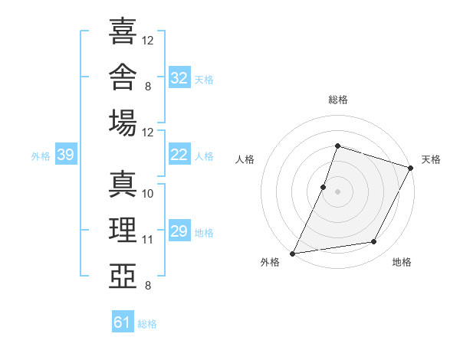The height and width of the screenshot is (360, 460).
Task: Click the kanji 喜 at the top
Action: click(x=123, y=31)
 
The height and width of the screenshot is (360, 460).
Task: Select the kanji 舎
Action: click(x=123, y=77)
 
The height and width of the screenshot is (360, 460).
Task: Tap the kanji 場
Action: click(x=123, y=123)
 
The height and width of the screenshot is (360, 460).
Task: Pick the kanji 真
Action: click(x=123, y=184)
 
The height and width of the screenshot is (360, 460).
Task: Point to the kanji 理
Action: click(x=123, y=230)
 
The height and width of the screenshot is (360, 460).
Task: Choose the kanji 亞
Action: click(x=123, y=276)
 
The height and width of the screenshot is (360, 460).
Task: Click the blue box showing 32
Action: click(x=179, y=77)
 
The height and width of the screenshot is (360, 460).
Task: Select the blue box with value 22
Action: click(x=179, y=154)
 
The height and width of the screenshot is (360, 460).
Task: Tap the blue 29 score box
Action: click(x=179, y=230)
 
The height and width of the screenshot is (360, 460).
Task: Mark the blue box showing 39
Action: click(x=66, y=154)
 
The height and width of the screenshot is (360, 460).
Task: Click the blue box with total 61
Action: click(x=123, y=321)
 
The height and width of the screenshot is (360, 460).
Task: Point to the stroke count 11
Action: click(x=147, y=240)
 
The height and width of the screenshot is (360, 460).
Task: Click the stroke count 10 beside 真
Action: click(x=147, y=194)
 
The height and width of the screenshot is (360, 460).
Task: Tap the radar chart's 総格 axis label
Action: click(x=338, y=100)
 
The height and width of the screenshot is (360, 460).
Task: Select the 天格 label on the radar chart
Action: click(x=431, y=159)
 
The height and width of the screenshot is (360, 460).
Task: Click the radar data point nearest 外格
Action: click(x=293, y=254)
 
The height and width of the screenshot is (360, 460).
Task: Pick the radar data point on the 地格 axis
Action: click(x=374, y=241)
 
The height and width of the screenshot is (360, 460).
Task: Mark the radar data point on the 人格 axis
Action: click(x=323, y=188)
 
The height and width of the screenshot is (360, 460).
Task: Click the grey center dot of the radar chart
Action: click(x=337, y=192)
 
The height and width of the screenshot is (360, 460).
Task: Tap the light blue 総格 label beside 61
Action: click(x=147, y=324)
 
